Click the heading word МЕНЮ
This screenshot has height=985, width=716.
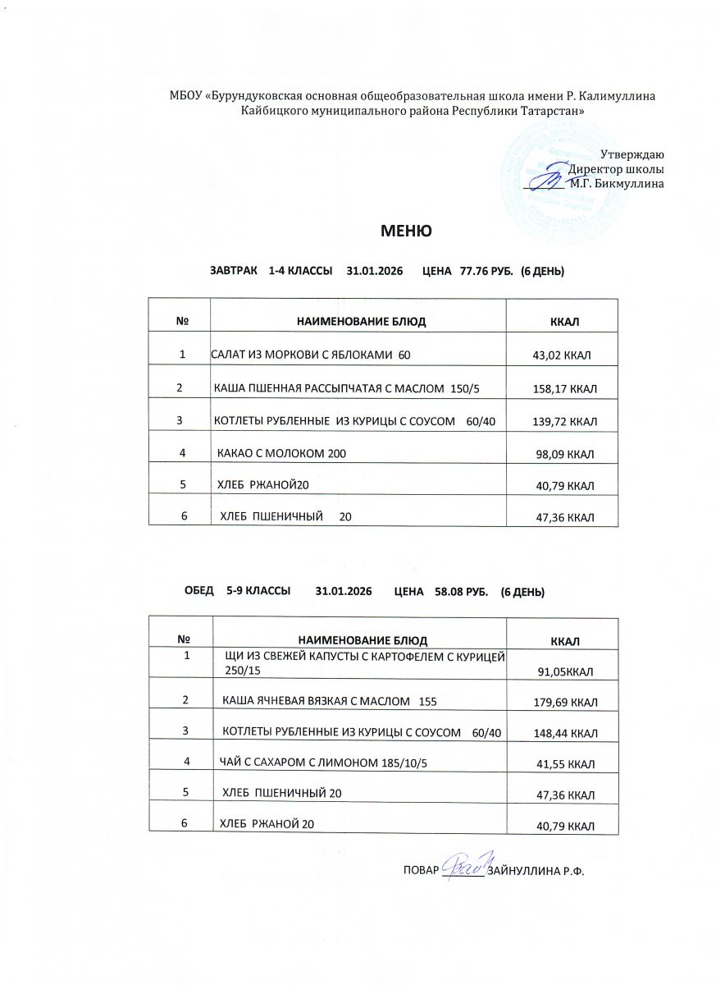[405, 231]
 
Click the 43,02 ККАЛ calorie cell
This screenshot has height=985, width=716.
[563, 355]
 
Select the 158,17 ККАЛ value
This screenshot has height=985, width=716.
[564, 389]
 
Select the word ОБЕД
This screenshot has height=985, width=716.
[199, 591]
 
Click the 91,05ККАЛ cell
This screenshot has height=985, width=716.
[565, 672]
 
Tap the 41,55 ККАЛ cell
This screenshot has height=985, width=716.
[565, 764]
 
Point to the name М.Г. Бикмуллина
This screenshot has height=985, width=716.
[617, 184]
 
